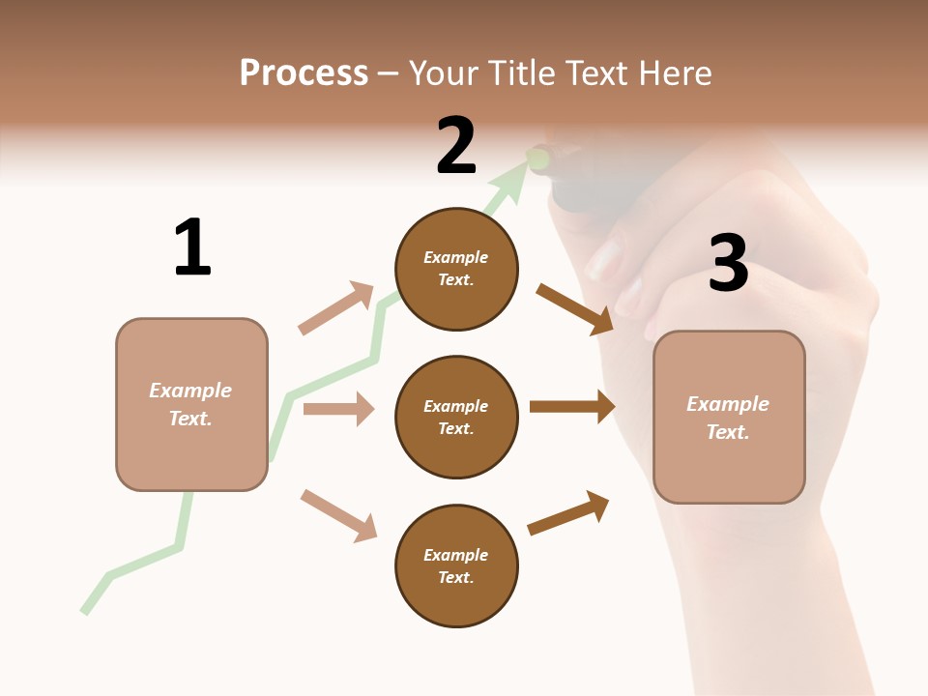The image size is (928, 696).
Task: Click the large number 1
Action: point(192,247)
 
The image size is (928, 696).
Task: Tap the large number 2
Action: point(456,146)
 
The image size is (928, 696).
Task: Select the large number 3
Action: point(729,264)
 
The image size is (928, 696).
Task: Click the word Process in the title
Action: point(304,72)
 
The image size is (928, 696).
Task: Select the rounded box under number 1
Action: point(191,404)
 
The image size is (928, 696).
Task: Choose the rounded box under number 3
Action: point(729,418)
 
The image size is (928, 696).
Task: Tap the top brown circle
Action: point(456,269)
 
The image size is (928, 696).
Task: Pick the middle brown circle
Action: point(456,418)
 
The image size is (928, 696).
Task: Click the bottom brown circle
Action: point(456,566)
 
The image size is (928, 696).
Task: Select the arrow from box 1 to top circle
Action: point(337,308)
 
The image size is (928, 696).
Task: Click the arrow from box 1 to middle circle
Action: point(338,409)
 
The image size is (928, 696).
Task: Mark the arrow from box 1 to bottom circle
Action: point(338,515)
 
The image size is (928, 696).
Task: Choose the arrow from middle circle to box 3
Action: point(572,407)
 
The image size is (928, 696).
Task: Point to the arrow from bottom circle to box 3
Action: point(568,513)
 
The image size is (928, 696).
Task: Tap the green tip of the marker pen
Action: point(537,158)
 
